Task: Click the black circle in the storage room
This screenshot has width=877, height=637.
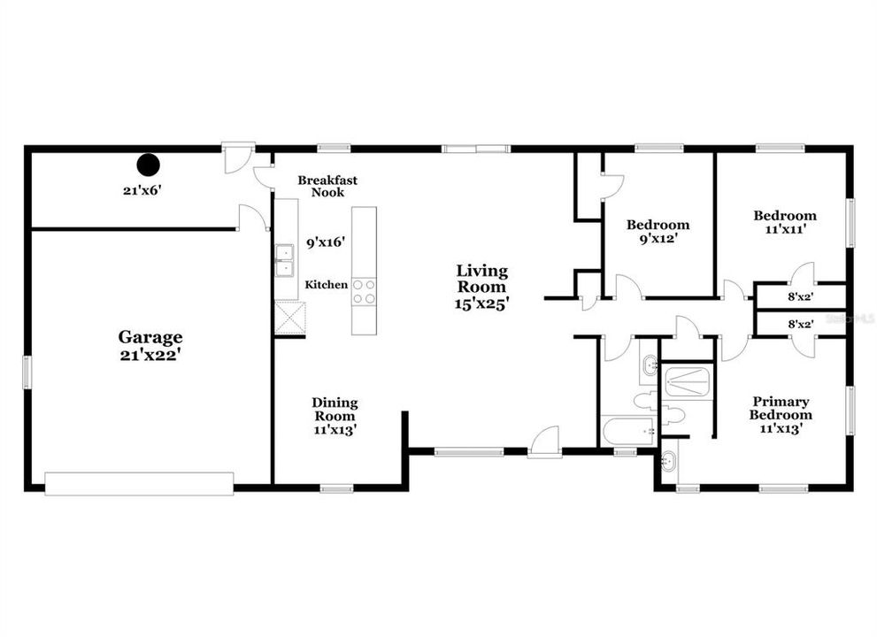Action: pyautogui.click(x=149, y=165)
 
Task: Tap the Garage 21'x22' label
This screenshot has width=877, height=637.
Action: pyautogui.click(x=150, y=346)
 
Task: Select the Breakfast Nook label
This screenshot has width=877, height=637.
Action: pyautogui.click(x=327, y=187)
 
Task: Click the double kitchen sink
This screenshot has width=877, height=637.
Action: pyautogui.click(x=285, y=261)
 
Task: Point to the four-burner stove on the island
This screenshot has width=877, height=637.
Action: pyautogui.click(x=364, y=292)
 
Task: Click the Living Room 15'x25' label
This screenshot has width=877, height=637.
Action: pyautogui.click(x=481, y=287)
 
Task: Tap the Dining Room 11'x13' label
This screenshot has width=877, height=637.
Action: pyautogui.click(x=335, y=416)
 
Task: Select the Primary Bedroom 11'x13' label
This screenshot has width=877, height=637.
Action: pyautogui.click(x=781, y=415)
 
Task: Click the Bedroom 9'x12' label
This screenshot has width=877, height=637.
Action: pyautogui.click(x=658, y=232)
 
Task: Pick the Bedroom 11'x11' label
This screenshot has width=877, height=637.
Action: pyautogui.click(x=785, y=222)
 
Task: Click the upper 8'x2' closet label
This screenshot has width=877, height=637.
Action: pyautogui.click(x=800, y=297)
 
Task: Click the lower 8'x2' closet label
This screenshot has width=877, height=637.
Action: pyautogui.click(x=800, y=324)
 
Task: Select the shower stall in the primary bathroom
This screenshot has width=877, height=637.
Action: pyautogui.click(x=687, y=381)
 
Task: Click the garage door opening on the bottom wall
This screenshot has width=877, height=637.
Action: pyautogui.click(x=139, y=484)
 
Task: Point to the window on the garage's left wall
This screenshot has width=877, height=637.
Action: pyautogui.click(x=27, y=372)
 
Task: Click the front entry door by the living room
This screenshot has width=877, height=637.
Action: pyautogui.click(x=545, y=443)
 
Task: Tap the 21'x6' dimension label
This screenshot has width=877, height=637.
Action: pyautogui.click(x=142, y=190)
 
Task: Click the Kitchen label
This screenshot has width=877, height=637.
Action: pyautogui.click(x=326, y=285)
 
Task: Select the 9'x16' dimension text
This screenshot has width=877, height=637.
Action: pyautogui.click(x=326, y=242)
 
